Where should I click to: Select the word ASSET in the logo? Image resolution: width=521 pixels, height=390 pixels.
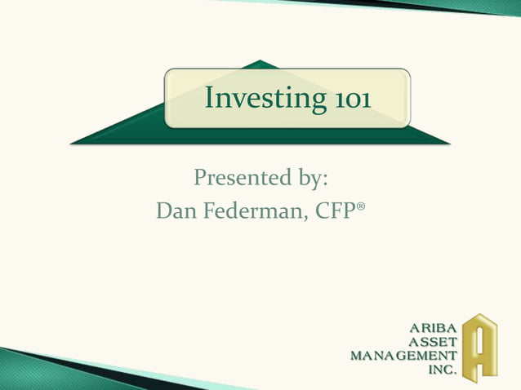[x=432, y=342]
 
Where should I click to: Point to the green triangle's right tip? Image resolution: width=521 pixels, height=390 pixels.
[x=448, y=144]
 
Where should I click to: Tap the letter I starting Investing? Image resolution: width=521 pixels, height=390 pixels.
[x=209, y=98]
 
